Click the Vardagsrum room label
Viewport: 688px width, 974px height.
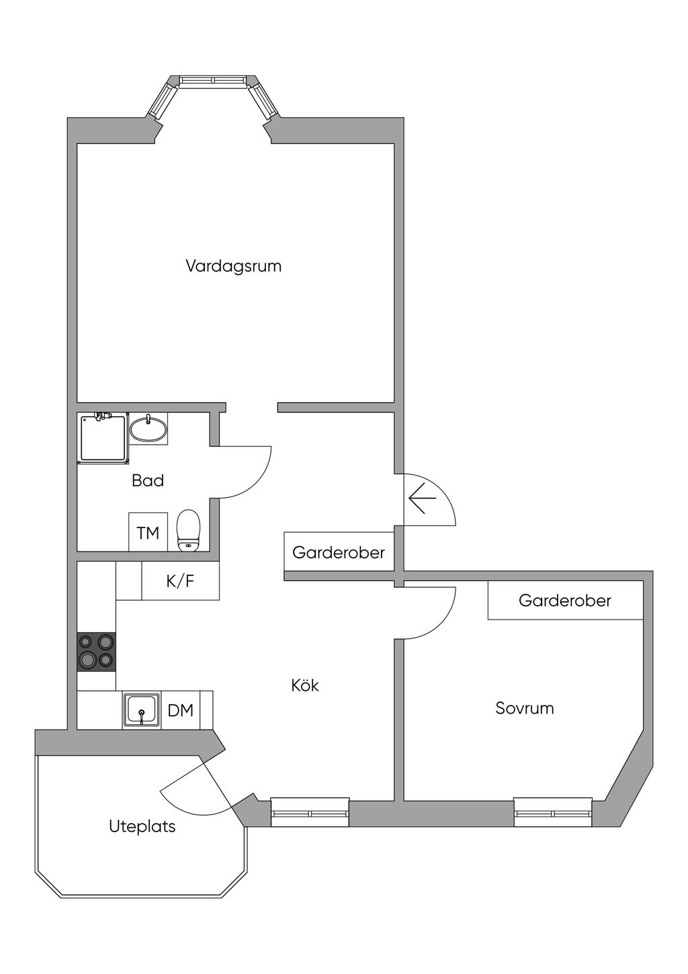tap(233, 266)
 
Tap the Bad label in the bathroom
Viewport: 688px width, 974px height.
tap(148, 480)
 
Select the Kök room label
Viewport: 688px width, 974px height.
tap(304, 685)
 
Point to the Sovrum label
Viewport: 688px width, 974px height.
tap(524, 708)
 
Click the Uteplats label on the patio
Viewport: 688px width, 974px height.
tap(142, 826)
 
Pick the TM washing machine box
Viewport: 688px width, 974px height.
tap(148, 533)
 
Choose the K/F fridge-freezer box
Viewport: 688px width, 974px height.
tap(180, 581)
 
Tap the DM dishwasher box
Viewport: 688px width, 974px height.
tap(180, 710)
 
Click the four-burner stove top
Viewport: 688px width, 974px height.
tap(96, 652)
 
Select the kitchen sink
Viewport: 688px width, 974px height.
tap(141, 710)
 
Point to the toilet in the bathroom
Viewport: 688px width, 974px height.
tap(188, 530)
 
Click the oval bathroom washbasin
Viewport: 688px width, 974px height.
tap(148, 429)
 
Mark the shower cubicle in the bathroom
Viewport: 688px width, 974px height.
tap(103, 438)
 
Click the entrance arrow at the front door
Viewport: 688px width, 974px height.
tap(422, 498)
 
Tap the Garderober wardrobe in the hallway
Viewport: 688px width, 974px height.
tap(339, 552)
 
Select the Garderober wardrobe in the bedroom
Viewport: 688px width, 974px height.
tap(565, 600)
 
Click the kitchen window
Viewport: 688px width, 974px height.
tap(310, 813)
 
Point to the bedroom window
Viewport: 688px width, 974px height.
tap(553, 813)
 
